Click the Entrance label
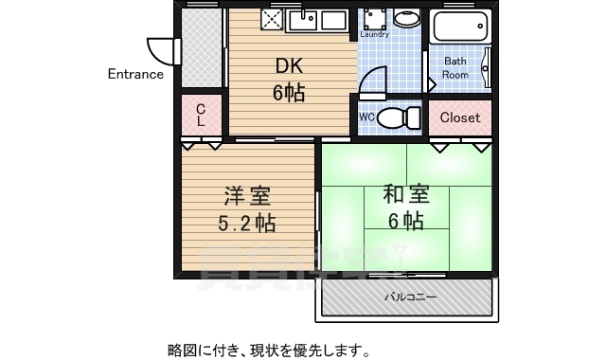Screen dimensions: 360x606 click(135, 74)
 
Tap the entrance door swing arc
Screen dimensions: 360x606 click(159, 49)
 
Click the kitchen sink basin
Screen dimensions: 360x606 click(308, 19)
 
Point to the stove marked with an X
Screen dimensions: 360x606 click(272, 20)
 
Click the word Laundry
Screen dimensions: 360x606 click(375, 34)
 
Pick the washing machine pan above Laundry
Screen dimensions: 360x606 click(375, 18)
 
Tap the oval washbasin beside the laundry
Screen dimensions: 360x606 click(406, 19)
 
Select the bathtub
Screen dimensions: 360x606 click(460, 27)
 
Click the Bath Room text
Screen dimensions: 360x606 click(456, 67)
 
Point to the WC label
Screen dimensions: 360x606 click(368, 117)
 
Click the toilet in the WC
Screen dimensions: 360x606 click(402, 117)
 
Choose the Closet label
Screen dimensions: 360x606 click(460, 117)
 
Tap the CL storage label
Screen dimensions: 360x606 click(201, 117)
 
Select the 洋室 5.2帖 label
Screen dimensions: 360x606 click(247, 209)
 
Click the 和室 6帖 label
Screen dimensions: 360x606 click(406, 207)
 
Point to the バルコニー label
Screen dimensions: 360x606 click(410, 297)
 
